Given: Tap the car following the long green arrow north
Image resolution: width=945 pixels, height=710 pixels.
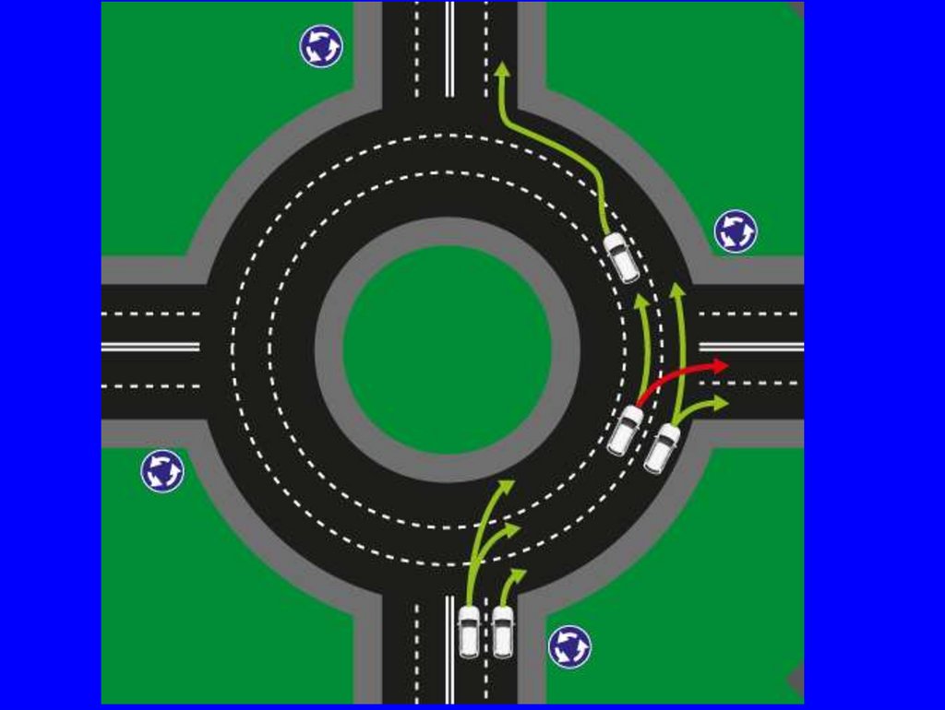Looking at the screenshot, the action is pos(621,257).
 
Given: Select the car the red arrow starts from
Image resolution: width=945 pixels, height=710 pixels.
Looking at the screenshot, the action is pos(625,430).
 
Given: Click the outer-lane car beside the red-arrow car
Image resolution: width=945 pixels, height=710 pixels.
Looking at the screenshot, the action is pos(662,448).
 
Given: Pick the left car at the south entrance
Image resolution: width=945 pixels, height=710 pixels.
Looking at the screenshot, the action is pos(469,632).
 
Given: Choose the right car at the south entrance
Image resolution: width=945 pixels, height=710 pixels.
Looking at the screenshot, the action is pos(502,632).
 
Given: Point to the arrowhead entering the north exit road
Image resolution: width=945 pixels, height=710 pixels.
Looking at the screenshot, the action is pos(501,68).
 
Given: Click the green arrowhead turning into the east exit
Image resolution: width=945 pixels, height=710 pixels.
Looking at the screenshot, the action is pos(720,403).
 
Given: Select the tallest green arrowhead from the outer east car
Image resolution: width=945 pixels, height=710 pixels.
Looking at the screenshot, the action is pos(676,290).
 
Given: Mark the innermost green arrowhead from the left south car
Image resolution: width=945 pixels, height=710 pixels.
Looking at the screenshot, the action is pos(506,485).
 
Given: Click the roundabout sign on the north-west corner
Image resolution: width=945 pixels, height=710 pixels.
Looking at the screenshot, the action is pos(321,46).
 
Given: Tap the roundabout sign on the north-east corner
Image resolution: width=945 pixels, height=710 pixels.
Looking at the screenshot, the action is pos(736,231).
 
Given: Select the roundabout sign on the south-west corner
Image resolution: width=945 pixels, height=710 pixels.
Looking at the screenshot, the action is pos(162,471).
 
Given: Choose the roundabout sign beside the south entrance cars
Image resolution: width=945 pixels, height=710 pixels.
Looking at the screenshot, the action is pos(569,647).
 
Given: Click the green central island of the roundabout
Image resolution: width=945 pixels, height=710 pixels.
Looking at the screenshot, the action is pos(448,349).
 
